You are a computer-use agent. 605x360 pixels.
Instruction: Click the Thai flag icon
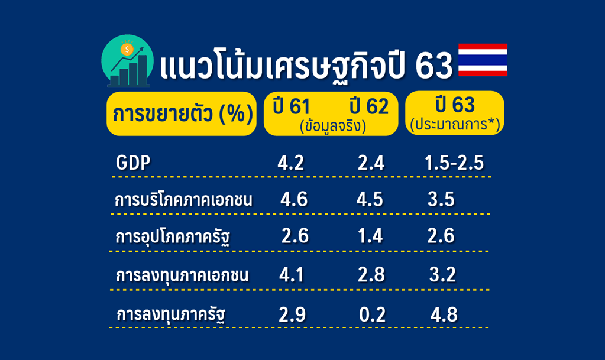click(483, 60)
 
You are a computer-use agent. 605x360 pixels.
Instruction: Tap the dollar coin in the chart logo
click(127, 50)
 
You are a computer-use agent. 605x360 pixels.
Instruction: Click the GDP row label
click(133, 163)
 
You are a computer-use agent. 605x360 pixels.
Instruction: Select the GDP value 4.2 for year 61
click(290, 163)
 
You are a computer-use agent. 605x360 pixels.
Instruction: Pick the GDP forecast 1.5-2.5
click(454, 163)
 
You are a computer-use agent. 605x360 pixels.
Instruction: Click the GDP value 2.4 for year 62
click(371, 163)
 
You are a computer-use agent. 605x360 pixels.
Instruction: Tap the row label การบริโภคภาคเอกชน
click(183, 199)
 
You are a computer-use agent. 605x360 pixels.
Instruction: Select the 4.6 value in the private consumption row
click(294, 199)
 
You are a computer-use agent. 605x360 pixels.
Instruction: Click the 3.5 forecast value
click(441, 199)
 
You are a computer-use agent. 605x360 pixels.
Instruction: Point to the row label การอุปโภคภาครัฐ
click(173, 236)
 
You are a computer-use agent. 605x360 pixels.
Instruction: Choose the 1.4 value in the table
click(370, 236)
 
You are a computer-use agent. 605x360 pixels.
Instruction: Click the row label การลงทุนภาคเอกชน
click(182, 275)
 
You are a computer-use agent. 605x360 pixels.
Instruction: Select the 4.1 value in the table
click(292, 275)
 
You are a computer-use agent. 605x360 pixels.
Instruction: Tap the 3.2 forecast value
click(442, 275)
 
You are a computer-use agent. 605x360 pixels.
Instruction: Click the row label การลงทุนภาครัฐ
click(170, 314)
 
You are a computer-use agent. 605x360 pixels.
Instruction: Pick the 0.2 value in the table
click(372, 315)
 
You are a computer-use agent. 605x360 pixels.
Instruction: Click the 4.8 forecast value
click(444, 315)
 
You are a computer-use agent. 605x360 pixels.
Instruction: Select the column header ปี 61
click(292, 106)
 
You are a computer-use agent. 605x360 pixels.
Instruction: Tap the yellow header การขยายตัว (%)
click(182, 114)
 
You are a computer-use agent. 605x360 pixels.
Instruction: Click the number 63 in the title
click(433, 66)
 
